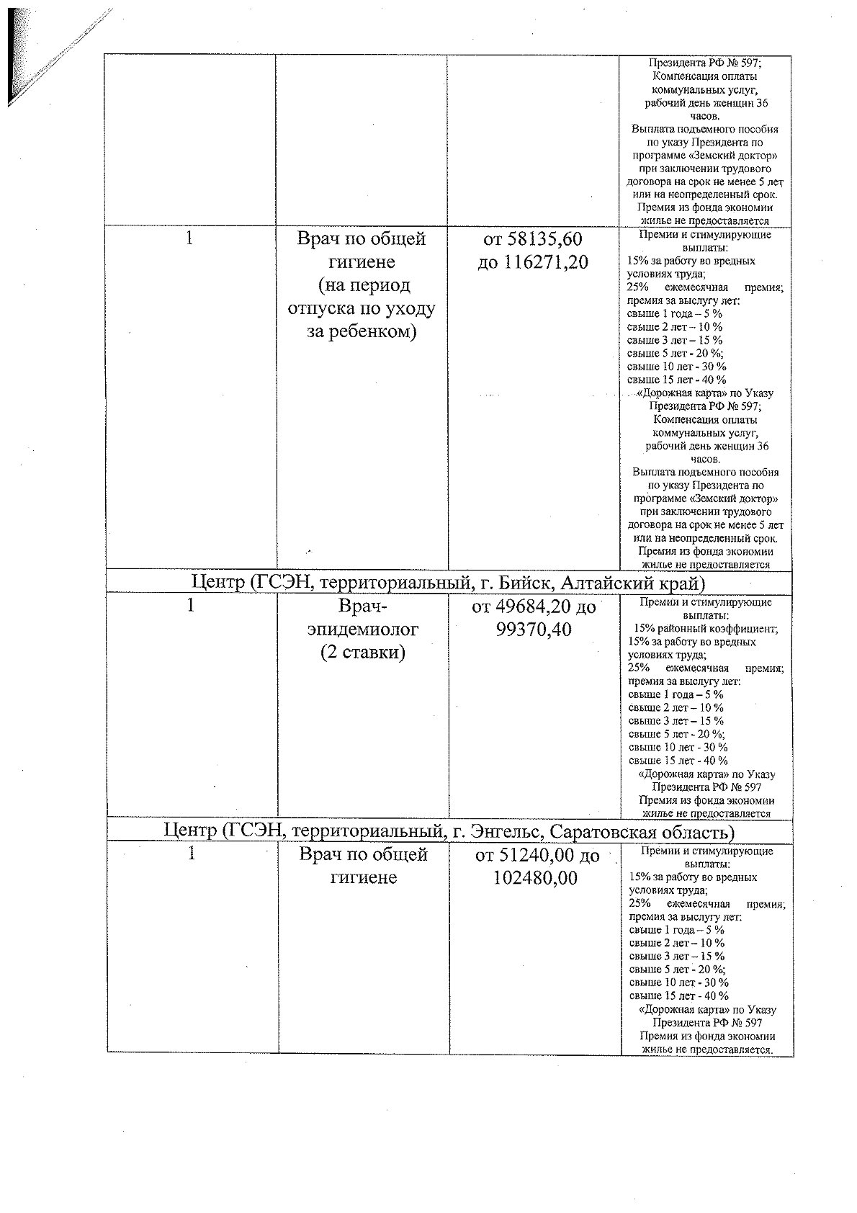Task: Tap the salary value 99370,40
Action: click(x=534, y=630)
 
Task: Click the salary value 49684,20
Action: click(x=545, y=607)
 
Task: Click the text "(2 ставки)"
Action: click(x=362, y=653)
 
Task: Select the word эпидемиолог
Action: click(x=362, y=630)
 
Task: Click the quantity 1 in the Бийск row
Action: click(x=191, y=606)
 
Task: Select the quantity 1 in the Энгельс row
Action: click(x=191, y=854)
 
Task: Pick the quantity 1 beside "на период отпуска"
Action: click(x=189, y=238)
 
